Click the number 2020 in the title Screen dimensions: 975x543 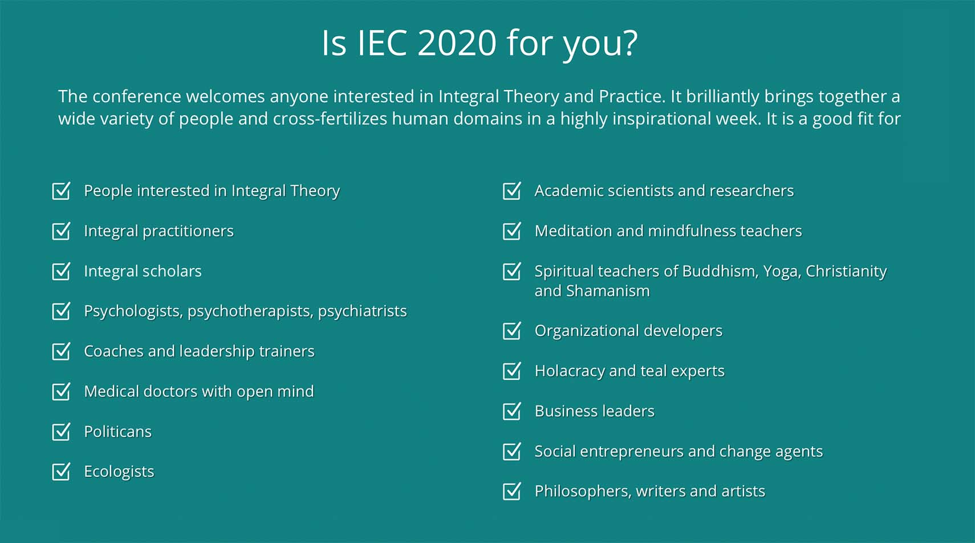click(x=457, y=43)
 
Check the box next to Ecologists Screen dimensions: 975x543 click(x=61, y=471)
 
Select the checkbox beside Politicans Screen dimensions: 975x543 click(x=61, y=432)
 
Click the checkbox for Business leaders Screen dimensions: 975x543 click(x=511, y=411)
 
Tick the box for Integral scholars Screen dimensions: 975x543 click(x=61, y=271)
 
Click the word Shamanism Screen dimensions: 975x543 click(x=608, y=291)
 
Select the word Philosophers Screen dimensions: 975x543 click(x=583, y=492)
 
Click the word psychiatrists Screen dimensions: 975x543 click(x=362, y=311)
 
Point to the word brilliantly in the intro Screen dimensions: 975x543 click(x=723, y=96)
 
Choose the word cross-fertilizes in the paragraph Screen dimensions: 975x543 click(x=330, y=119)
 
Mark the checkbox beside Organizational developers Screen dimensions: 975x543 click(x=511, y=330)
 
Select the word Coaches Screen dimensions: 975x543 click(x=113, y=351)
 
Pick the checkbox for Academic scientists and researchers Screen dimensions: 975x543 click(x=511, y=191)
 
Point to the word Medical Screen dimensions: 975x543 click(x=111, y=391)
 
